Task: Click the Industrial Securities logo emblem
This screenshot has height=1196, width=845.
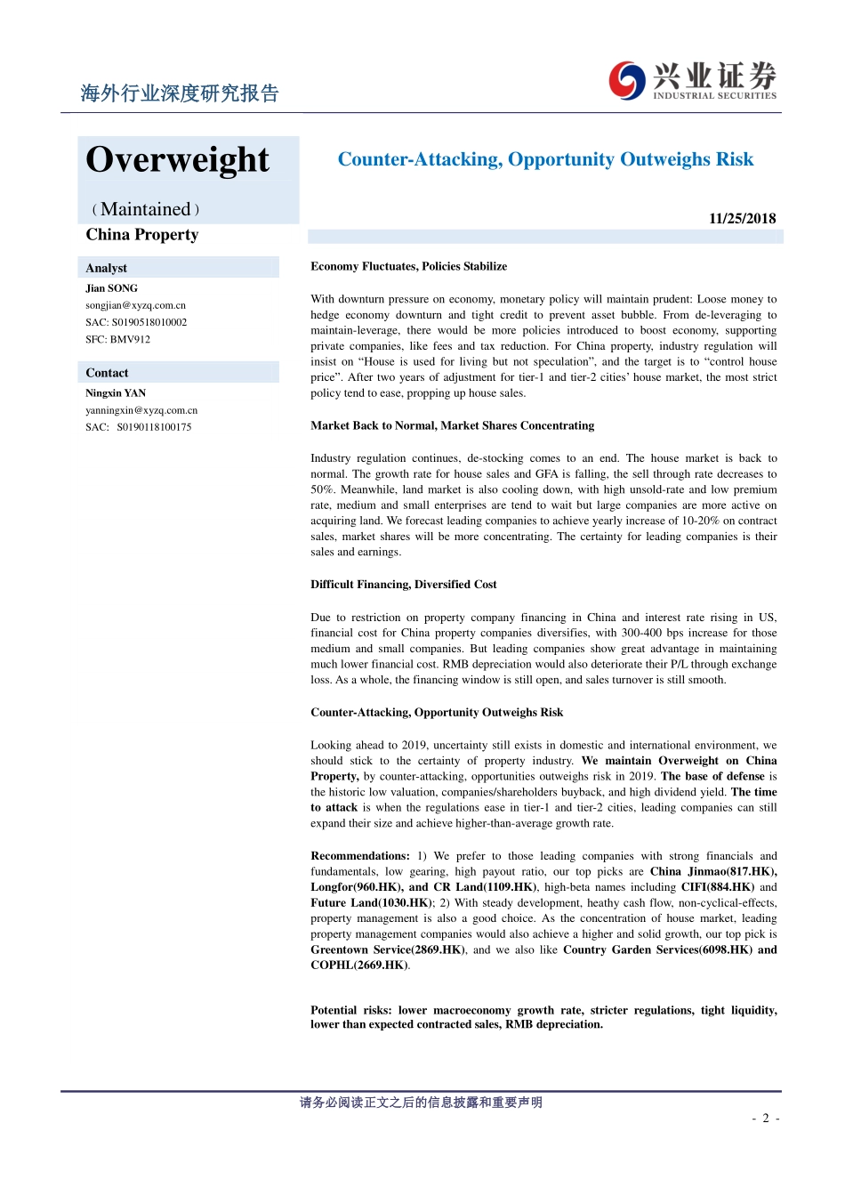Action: (x=627, y=81)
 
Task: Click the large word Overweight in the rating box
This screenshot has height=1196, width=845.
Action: (x=177, y=160)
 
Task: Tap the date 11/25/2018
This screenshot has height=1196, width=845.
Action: (x=742, y=219)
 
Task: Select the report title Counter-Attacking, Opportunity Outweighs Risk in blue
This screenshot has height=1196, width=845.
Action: (x=545, y=160)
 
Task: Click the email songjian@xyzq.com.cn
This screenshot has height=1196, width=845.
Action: (x=135, y=305)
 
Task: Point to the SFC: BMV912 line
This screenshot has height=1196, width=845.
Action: (x=117, y=339)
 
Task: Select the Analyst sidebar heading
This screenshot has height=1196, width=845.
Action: (x=106, y=268)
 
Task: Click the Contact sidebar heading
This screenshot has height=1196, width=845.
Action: (x=107, y=373)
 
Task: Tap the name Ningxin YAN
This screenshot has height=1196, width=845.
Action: (x=116, y=393)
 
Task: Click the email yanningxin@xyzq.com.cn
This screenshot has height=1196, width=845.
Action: (x=141, y=410)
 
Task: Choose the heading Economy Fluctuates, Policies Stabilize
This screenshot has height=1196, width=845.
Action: (x=408, y=267)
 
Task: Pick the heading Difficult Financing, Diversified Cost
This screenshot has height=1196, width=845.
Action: (x=403, y=585)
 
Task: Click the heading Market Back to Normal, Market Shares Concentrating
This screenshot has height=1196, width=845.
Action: (x=452, y=426)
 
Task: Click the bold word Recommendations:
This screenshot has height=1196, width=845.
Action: (x=359, y=856)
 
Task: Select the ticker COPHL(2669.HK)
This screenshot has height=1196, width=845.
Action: (x=358, y=966)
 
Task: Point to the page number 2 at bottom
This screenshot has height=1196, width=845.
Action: (x=765, y=1119)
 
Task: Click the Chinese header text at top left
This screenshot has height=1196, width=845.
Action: (x=179, y=93)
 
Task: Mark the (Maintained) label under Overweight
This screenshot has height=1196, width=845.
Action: (x=146, y=210)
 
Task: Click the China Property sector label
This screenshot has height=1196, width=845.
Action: (x=142, y=235)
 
